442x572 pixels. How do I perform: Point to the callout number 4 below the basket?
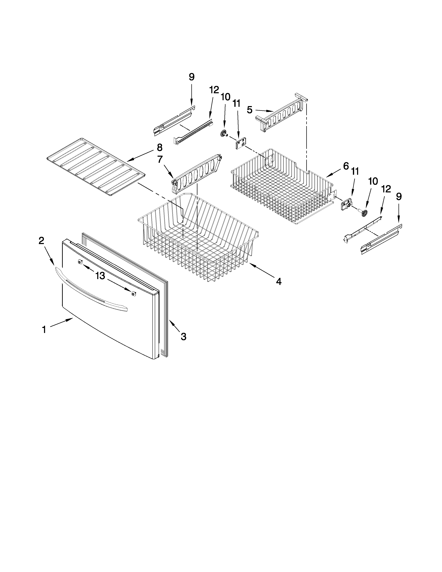tap(279, 281)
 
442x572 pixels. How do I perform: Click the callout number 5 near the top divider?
tap(250, 110)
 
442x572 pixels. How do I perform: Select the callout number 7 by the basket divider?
tap(160, 159)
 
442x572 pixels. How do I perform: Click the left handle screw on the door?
tap(79, 262)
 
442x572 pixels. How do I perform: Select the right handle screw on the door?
tap(134, 294)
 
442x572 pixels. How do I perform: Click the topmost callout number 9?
tap(192, 77)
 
